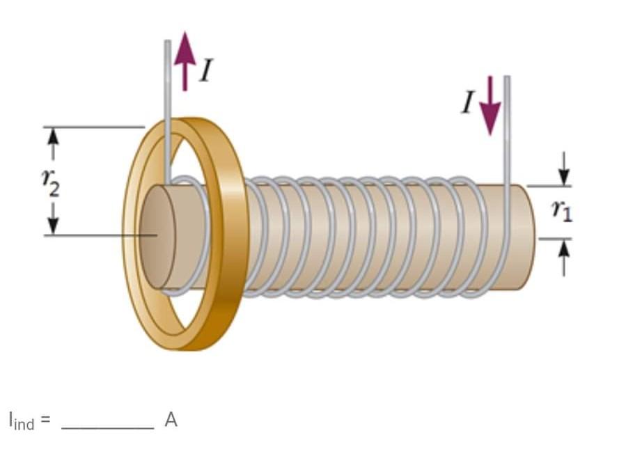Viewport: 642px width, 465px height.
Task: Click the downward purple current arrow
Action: [490, 104]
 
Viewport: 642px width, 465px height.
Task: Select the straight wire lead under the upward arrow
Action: [168, 104]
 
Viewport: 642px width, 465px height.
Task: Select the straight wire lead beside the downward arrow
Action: [507, 125]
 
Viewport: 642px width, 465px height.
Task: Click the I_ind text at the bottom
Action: [22, 420]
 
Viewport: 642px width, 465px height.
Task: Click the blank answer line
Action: [107, 426]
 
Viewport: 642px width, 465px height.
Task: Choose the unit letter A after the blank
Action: [171, 420]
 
